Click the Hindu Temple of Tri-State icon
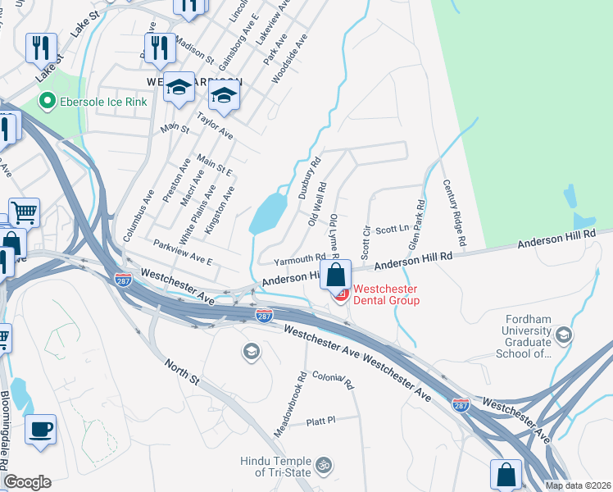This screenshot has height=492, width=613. tap(325, 465)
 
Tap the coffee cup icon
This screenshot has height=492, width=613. tap(40, 429)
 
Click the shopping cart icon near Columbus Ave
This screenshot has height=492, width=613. tap(25, 212)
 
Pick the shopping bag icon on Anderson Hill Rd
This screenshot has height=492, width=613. tap(336, 275)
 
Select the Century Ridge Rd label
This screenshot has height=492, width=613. tap(454, 213)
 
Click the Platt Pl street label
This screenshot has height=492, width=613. tap(320, 421)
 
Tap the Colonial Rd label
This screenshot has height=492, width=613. tap(333, 379)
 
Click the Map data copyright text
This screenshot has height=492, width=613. tap(578, 485)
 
